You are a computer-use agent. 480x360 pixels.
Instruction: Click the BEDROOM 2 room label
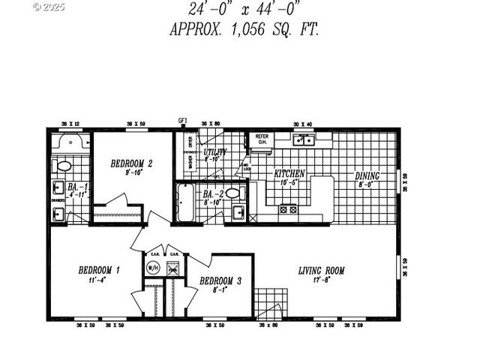tap(132, 163)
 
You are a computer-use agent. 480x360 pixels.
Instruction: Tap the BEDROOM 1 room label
tap(99, 270)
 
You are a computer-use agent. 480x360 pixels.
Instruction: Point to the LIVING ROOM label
tap(321, 271)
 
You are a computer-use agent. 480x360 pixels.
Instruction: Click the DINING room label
tap(367, 176)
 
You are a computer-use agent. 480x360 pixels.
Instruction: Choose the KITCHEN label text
tap(289, 173)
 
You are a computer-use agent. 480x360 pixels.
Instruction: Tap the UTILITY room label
tap(215, 152)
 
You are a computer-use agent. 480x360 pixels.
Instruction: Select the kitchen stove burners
tap(289, 210)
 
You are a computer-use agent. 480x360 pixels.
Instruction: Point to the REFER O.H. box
tap(262, 139)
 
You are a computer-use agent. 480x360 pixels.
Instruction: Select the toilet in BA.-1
tap(63, 166)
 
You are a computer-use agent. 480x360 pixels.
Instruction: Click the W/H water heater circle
tap(153, 267)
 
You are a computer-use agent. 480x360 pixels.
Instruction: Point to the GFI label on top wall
tap(182, 120)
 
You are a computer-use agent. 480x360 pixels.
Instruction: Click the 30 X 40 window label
tap(301, 124)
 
